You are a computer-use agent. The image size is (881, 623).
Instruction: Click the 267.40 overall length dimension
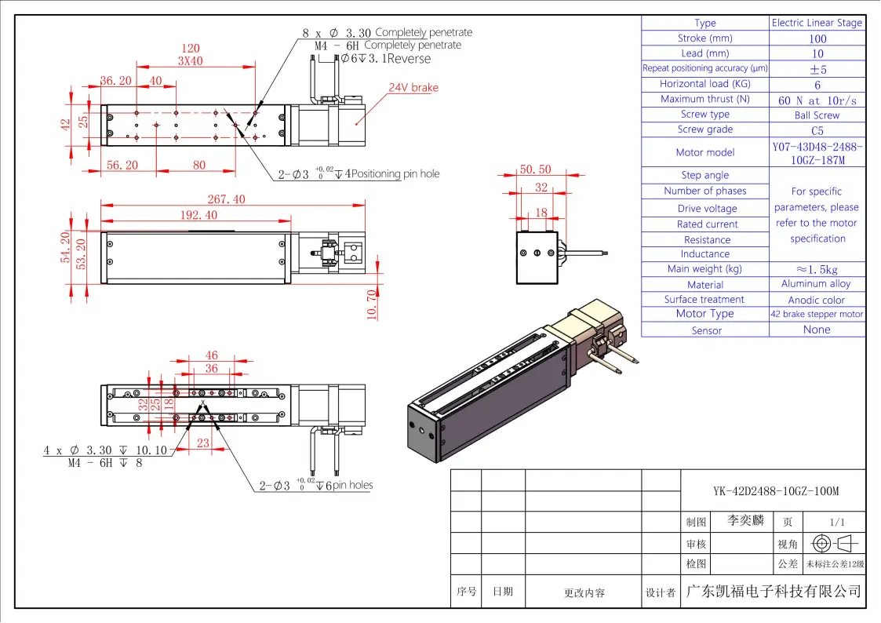(226, 200)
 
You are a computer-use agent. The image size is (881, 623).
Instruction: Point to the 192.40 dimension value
(199, 215)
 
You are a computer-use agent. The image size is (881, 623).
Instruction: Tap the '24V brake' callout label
(413, 88)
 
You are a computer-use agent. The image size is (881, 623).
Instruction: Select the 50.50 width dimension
(535, 169)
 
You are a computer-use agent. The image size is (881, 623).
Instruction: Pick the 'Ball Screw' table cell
(817, 115)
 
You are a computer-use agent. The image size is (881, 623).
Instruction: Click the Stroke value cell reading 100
(817, 38)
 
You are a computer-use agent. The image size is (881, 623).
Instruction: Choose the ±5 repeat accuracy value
(817, 69)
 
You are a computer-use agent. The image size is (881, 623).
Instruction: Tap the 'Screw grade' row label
(705, 129)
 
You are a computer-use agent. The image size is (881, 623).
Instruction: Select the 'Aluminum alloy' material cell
(816, 284)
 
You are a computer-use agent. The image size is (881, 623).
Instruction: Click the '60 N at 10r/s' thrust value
(817, 100)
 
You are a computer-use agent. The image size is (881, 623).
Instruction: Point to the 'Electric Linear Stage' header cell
(817, 23)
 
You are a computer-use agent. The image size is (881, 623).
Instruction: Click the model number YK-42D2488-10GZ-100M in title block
(776, 492)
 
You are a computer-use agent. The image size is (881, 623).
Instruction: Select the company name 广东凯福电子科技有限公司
(773, 592)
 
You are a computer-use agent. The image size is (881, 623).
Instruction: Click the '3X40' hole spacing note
(190, 61)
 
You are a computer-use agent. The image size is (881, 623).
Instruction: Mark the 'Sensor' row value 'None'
(817, 330)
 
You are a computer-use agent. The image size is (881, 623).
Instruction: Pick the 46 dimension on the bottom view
(211, 355)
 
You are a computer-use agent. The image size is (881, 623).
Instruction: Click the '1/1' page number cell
(836, 522)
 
